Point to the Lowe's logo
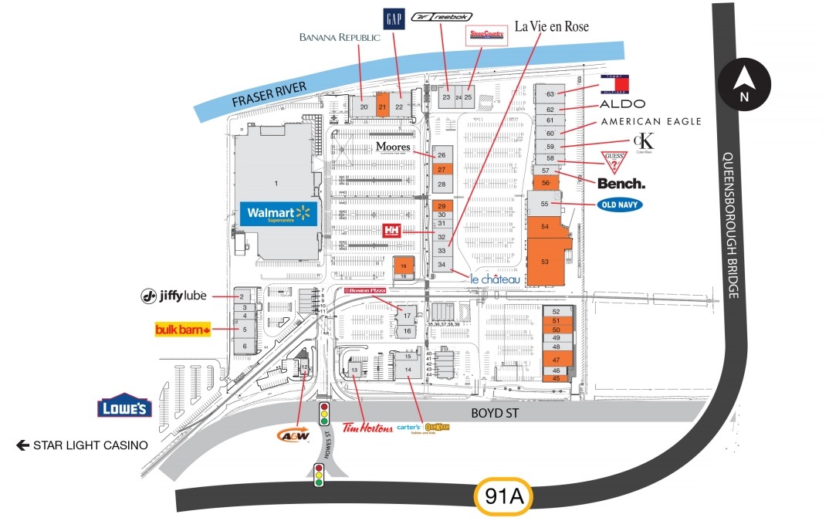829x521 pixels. (x=124, y=408)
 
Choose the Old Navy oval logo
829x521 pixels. (x=620, y=205)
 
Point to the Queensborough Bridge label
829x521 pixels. (x=730, y=225)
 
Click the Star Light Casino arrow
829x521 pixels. (x=23, y=445)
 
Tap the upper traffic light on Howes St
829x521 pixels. (x=324, y=414)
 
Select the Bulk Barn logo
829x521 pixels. (x=184, y=330)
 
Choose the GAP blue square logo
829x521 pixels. (x=393, y=20)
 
